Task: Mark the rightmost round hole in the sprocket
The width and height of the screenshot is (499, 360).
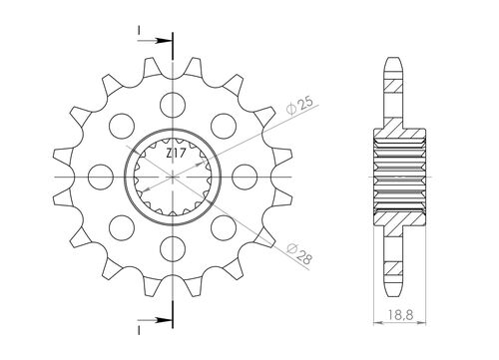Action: [246, 176]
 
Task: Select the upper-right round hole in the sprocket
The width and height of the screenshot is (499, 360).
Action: [225, 125]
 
